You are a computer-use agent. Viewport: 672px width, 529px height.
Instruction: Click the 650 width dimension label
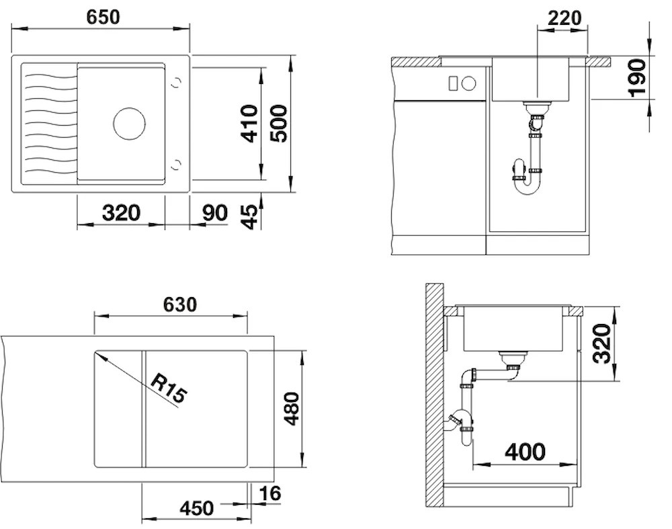pyautogui.click(x=103, y=17)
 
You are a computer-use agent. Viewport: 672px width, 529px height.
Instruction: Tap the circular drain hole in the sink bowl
pyautogui.click(x=130, y=124)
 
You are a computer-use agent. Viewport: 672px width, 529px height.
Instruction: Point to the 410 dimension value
pyautogui.click(x=249, y=124)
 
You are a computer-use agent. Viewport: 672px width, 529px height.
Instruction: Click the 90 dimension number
pyautogui.click(x=215, y=213)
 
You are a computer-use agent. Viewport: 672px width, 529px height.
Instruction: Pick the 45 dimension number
pyautogui.click(x=250, y=216)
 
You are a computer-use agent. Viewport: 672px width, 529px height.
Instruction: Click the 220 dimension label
pyautogui.click(x=564, y=18)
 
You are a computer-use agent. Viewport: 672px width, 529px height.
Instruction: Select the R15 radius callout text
pyautogui.click(x=169, y=389)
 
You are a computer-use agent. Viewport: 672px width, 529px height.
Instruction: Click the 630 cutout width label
pyautogui.click(x=180, y=304)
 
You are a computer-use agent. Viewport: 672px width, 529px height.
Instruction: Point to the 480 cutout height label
pyautogui.click(x=292, y=409)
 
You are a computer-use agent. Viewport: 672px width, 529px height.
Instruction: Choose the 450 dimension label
pyautogui.click(x=196, y=508)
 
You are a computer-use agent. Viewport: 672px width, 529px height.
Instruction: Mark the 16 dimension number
pyautogui.click(x=270, y=493)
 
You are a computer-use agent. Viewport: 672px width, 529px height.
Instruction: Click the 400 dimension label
pyautogui.click(x=525, y=452)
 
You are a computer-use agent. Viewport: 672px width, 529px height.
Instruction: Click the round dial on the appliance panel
pyautogui.click(x=469, y=83)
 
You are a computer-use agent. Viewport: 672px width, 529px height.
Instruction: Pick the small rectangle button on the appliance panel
pyautogui.click(x=453, y=83)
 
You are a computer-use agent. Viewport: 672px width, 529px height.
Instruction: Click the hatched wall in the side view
pyautogui.click(x=434, y=395)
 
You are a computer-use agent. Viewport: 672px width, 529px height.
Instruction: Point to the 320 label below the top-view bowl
pyautogui.click(x=121, y=213)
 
